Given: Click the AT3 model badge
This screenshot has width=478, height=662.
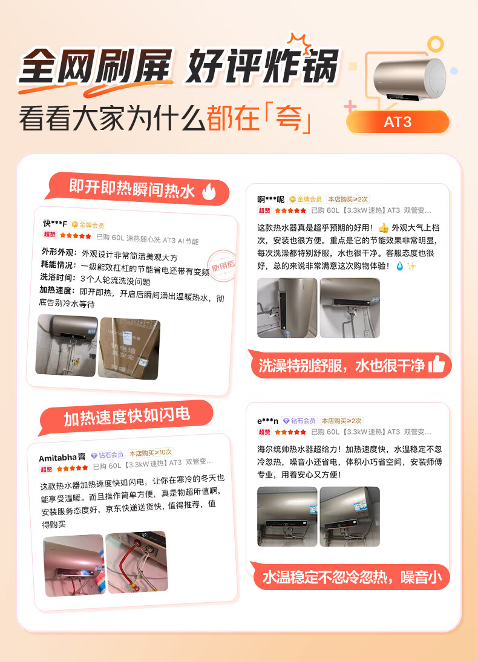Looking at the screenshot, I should pyautogui.click(x=398, y=122).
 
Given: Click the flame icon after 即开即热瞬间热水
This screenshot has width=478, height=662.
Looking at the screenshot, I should pyautogui.click(x=209, y=192).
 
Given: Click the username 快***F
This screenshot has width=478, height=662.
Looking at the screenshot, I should pyautogui.click(x=55, y=224).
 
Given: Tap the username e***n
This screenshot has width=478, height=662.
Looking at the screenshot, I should pyautogui.click(x=267, y=421).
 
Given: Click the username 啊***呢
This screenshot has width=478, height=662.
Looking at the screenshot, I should pyautogui.click(x=270, y=200).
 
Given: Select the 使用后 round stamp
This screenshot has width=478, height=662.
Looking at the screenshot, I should pyautogui.click(x=222, y=264).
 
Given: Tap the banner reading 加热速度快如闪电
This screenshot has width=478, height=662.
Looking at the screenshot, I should pyautogui.click(x=126, y=415).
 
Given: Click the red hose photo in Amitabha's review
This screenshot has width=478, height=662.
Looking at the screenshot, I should pyautogui.click(x=136, y=562).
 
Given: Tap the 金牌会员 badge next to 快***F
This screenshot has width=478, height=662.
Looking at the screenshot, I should pyautogui.click(x=88, y=224).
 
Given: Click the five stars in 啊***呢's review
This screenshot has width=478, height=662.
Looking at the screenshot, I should pyautogui.click(x=290, y=210).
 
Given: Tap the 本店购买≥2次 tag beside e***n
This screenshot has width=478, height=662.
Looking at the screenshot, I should pyautogui.click(x=341, y=421).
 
